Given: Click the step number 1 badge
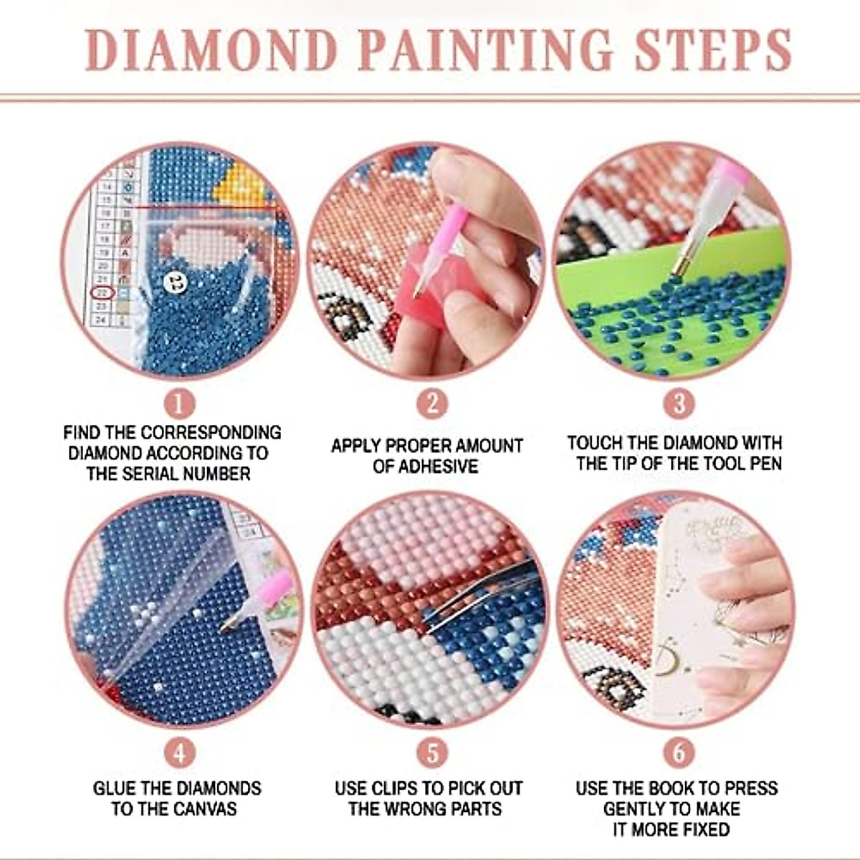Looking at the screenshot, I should click(179, 404).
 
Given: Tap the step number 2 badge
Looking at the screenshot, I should click(431, 404).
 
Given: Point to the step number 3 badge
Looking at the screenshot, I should click(679, 404).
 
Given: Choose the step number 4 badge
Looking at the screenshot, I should click(179, 753).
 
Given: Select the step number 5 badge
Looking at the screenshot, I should click(431, 753).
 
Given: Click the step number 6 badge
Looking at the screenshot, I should click(679, 753).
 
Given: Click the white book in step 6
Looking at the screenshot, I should click(688, 609).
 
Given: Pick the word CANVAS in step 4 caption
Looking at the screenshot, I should click(205, 809).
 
